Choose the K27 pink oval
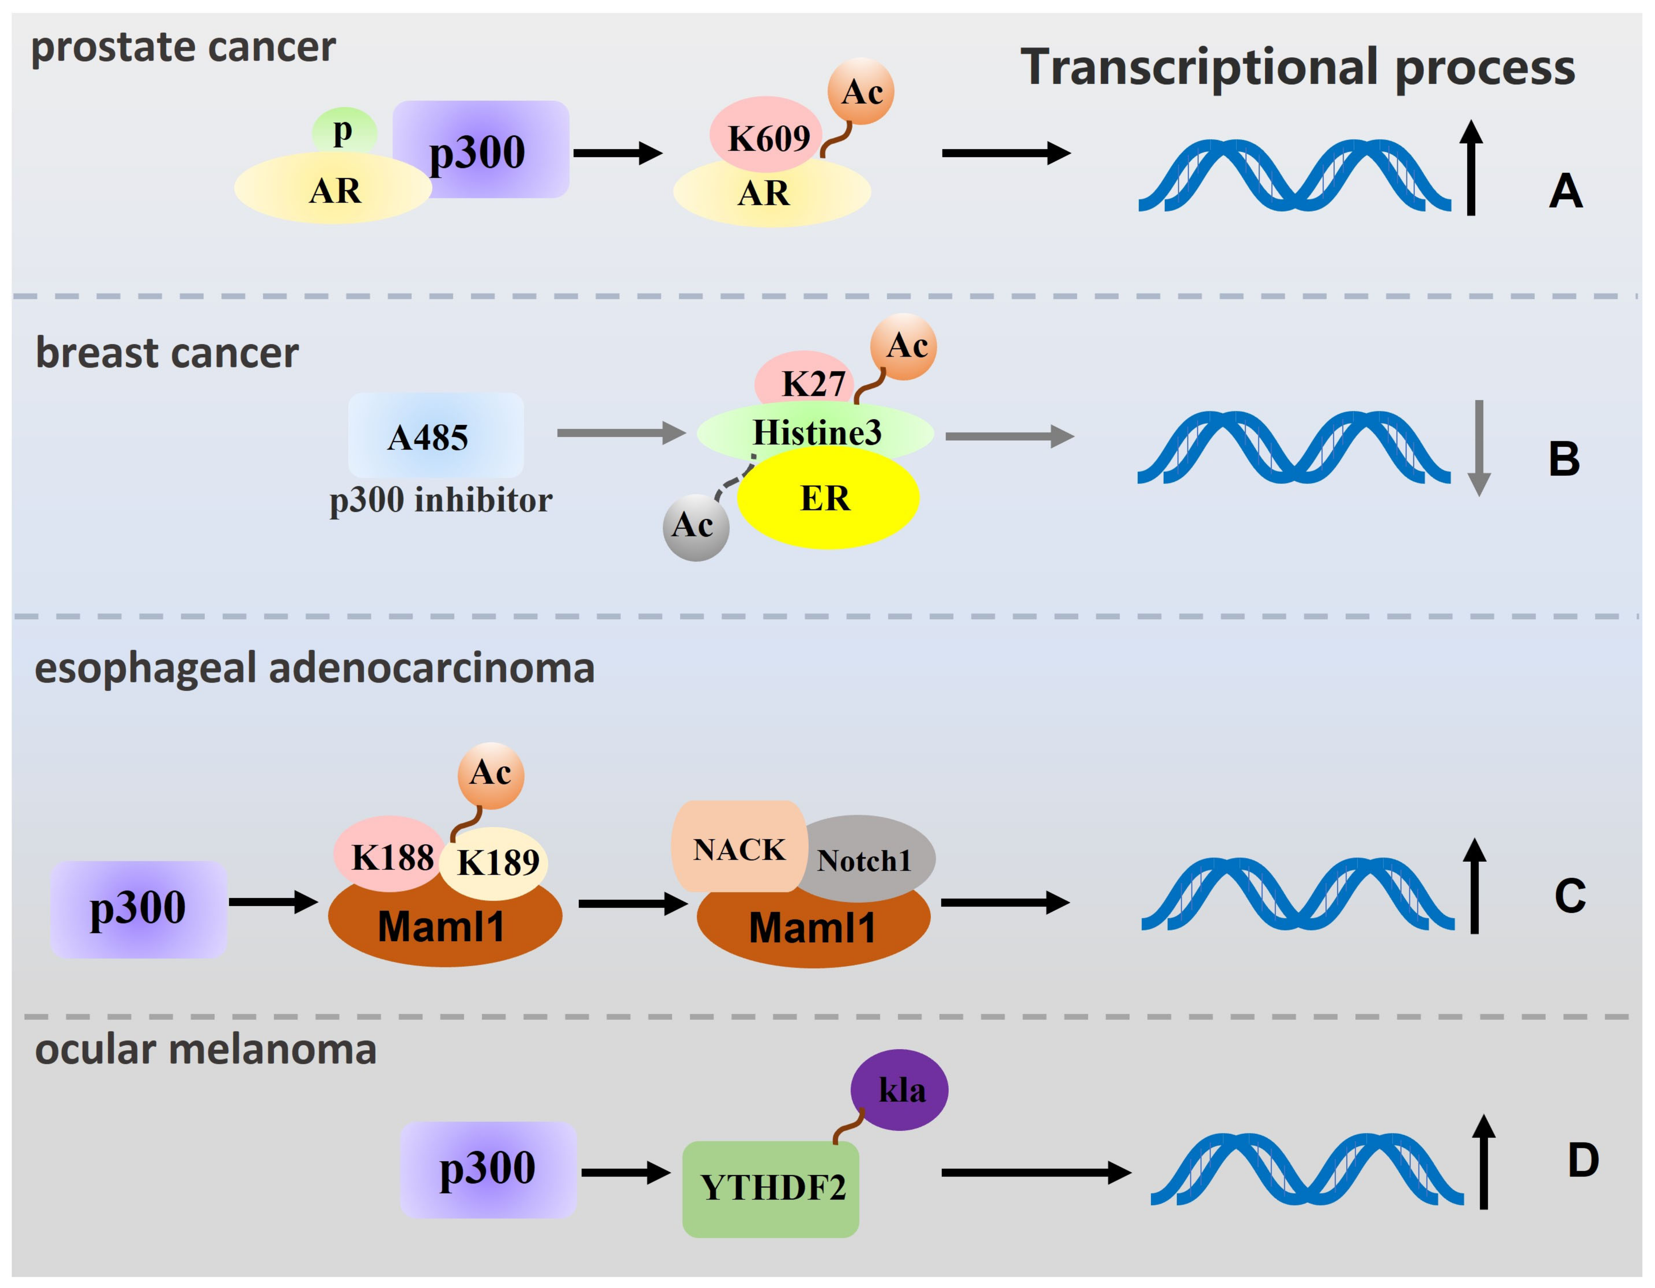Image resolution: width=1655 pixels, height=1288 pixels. [x=805, y=379]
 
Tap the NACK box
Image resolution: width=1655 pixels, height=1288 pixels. [x=739, y=848]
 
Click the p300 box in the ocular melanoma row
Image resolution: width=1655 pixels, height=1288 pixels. [x=489, y=1168]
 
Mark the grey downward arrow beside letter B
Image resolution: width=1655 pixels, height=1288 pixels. [x=1479, y=447]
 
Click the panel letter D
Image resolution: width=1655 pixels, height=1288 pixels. [x=1582, y=1160]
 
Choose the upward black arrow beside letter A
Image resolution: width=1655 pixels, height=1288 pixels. [x=1471, y=168]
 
